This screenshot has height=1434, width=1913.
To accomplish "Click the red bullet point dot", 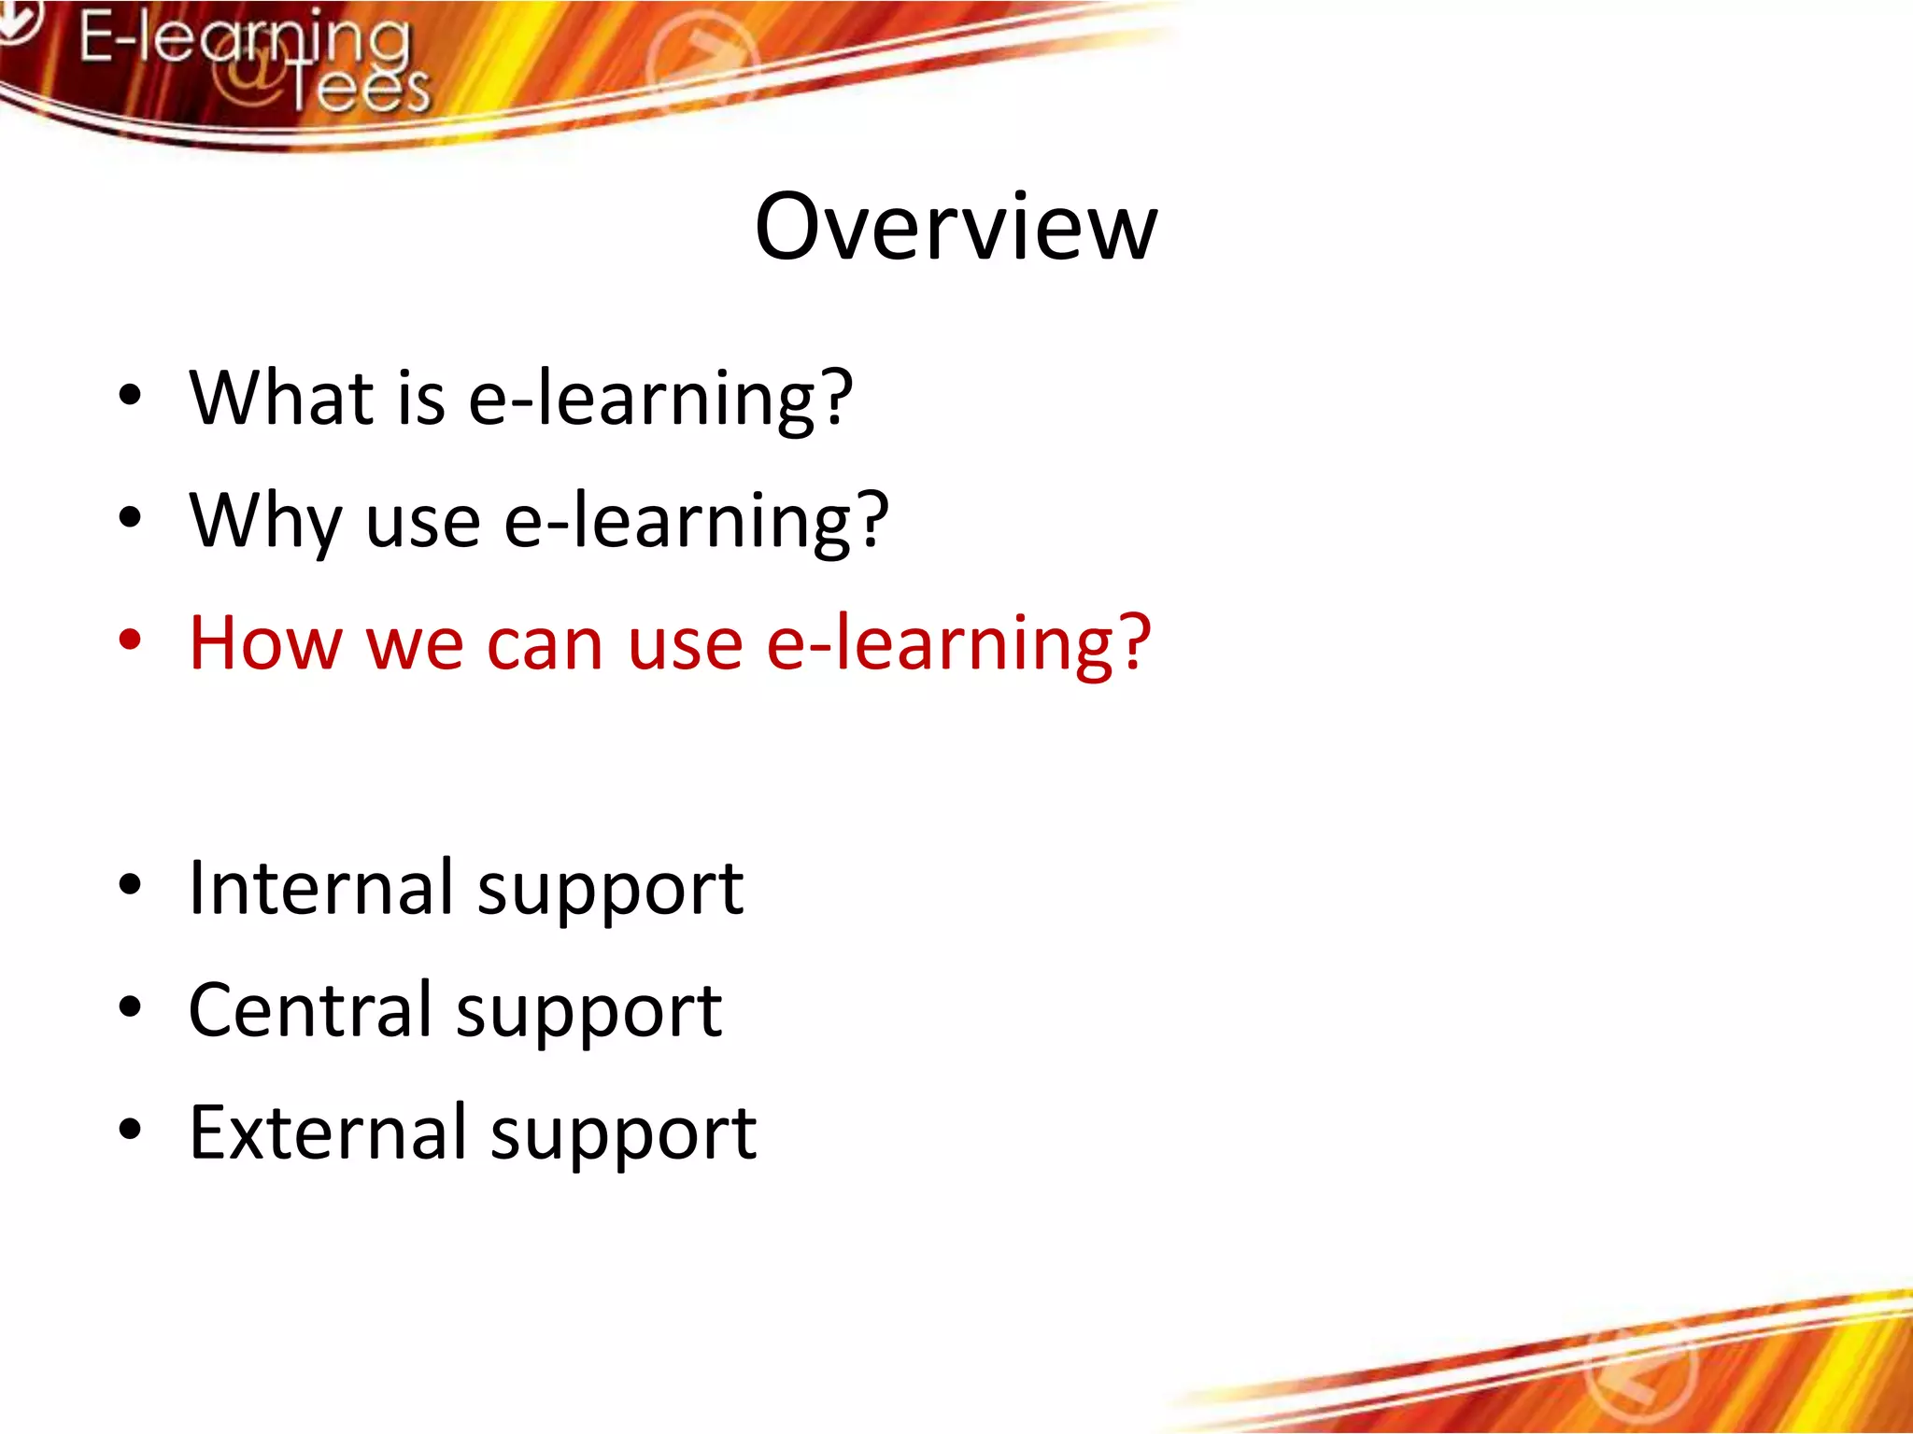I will click(x=130, y=641).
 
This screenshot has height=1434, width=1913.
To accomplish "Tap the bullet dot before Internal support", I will click(x=130, y=885).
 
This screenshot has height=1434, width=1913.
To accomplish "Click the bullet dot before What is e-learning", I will click(x=130, y=396).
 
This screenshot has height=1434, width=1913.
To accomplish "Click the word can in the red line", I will click(x=545, y=646).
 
